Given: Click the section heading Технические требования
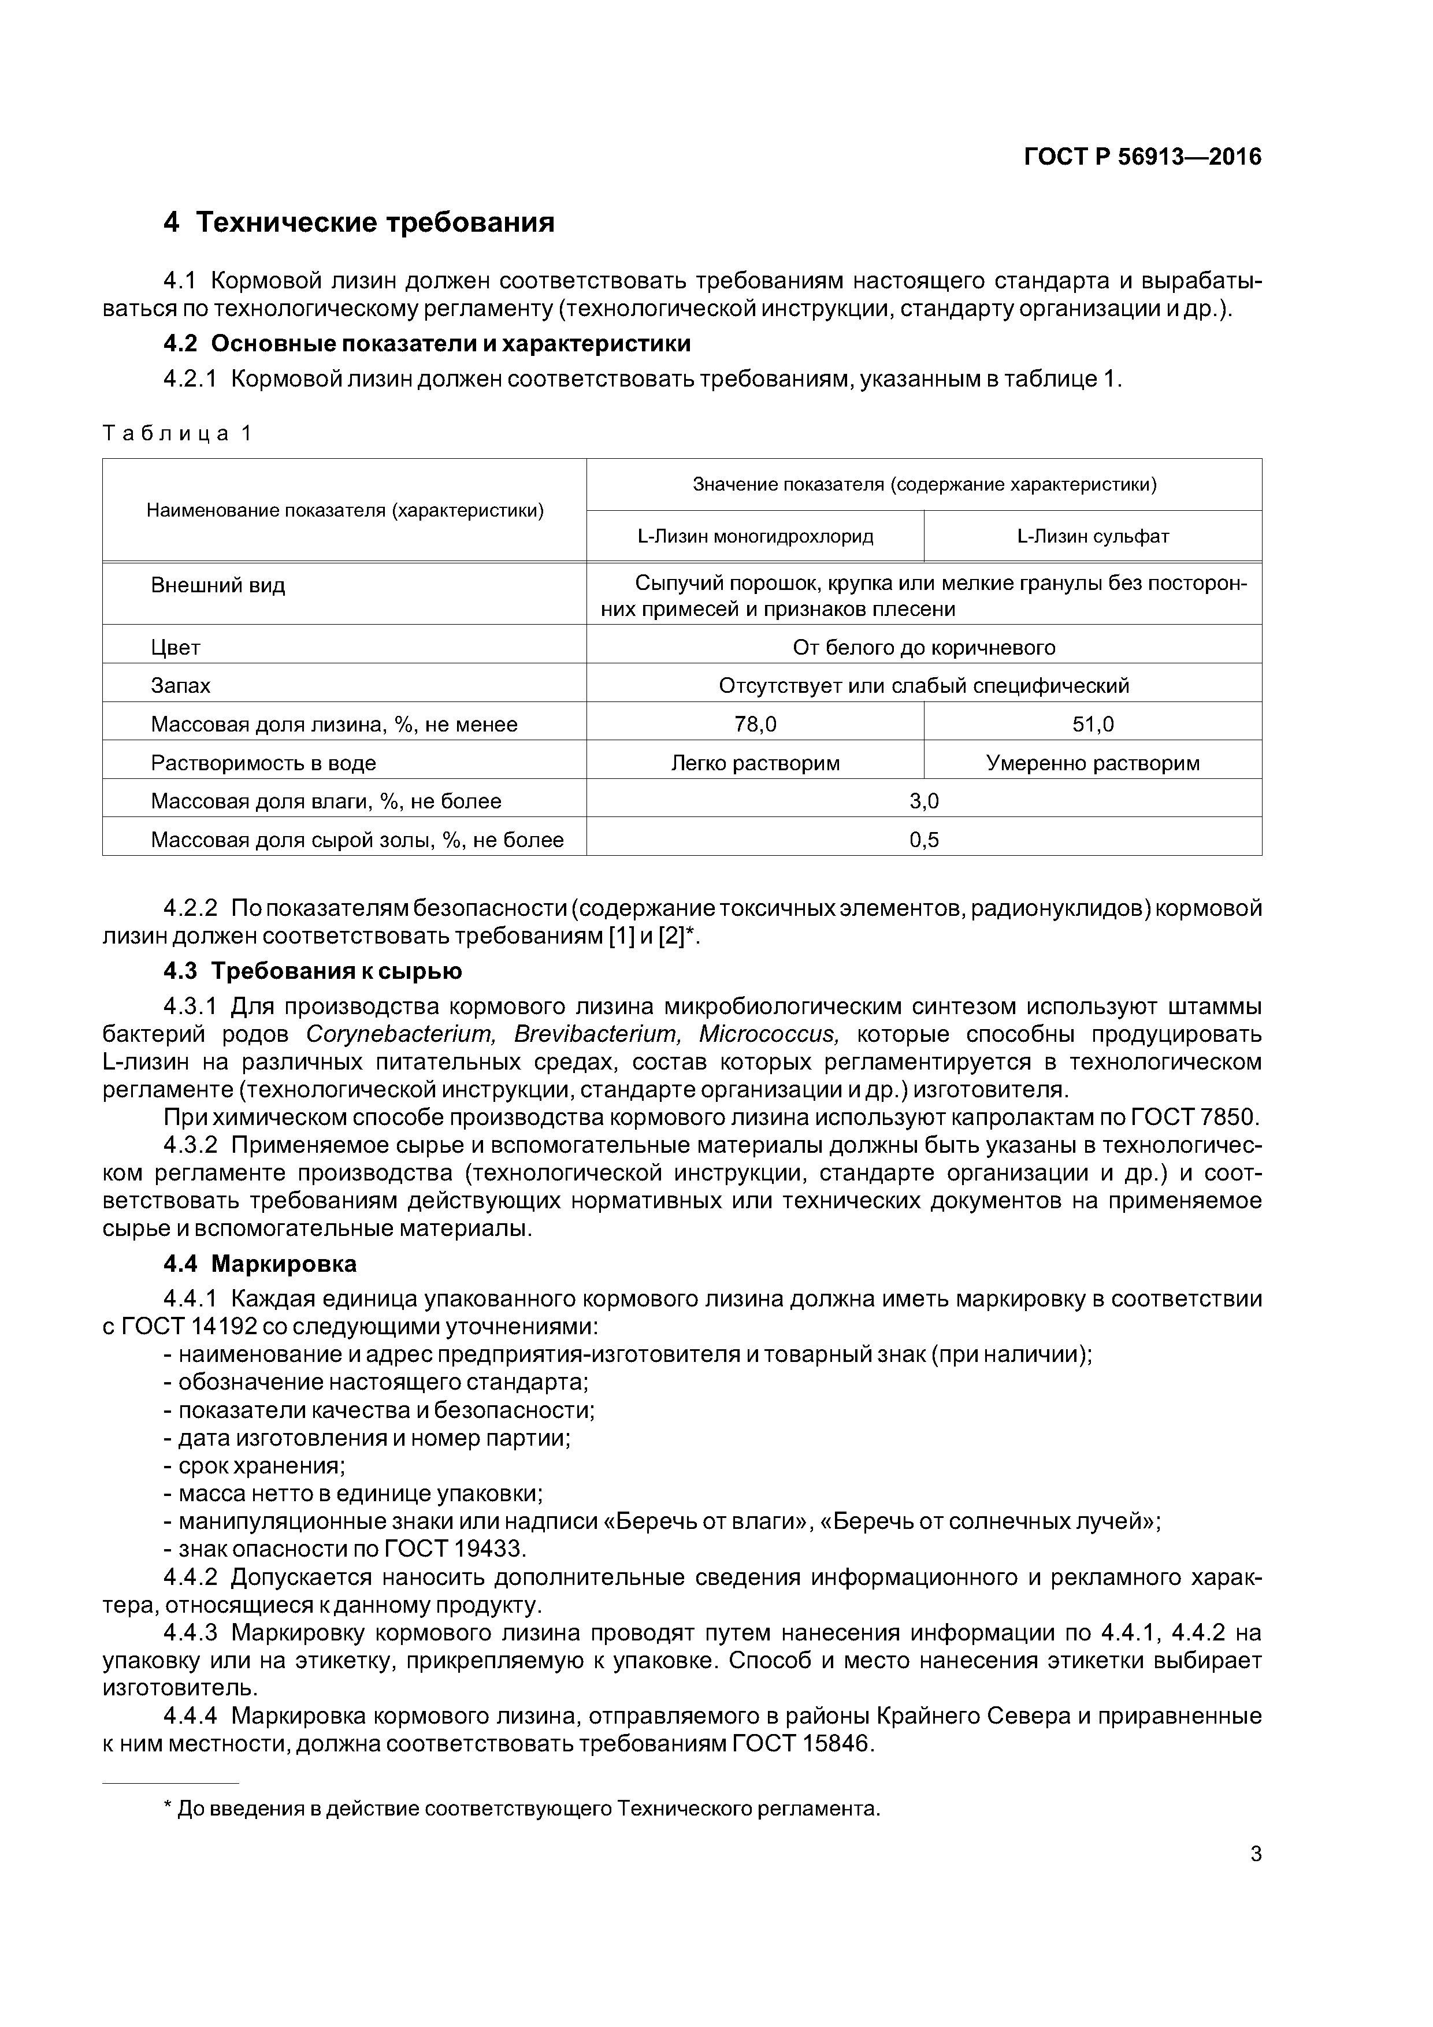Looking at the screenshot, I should [374, 222].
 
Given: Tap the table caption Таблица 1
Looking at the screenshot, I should [177, 433].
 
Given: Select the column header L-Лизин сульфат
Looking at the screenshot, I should [1093, 536].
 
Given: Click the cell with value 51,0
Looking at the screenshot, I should [1093, 725].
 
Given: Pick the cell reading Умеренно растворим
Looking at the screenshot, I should [1093, 763].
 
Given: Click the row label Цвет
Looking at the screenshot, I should [176, 648].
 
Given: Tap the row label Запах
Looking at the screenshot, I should [181, 686].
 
